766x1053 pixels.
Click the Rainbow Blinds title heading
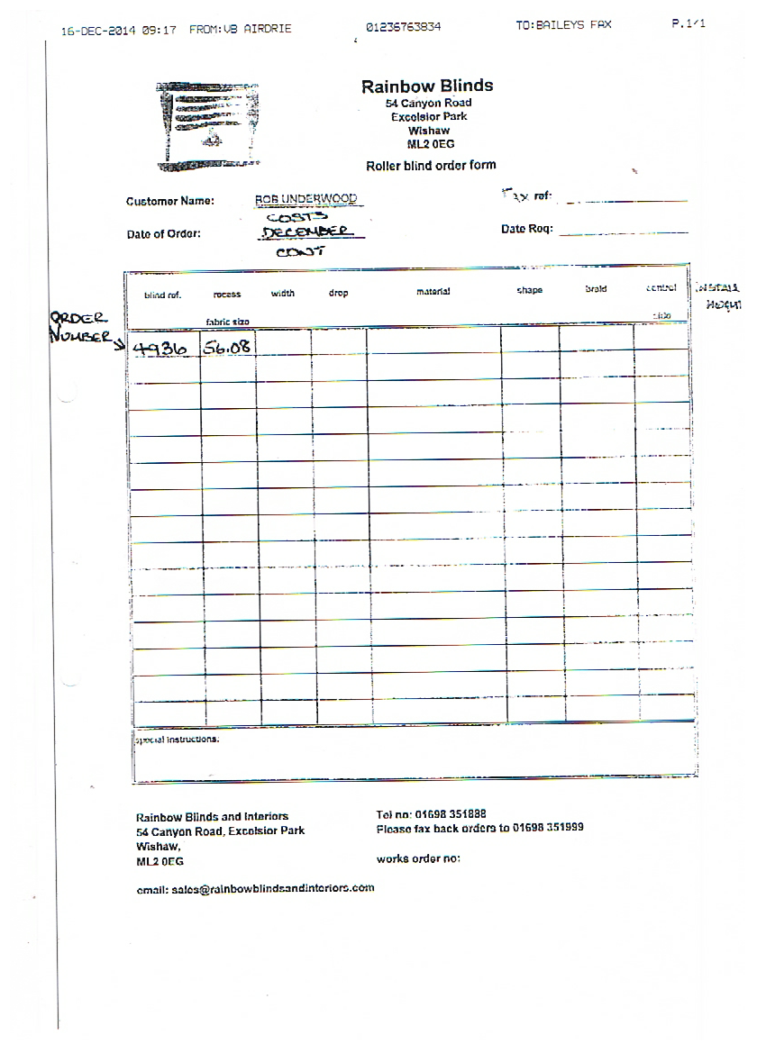pyautogui.click(x=427, y=86)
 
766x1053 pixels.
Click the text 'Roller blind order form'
pyautogui.click(x=431, y=166)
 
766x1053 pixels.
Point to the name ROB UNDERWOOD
pyautogui.click(x=305, y=199)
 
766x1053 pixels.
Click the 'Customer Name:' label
pyautogui.click(x=170, y=201)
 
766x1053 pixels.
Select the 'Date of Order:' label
pyautogui.click(x=164, y=235)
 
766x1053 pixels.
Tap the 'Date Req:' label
pyautogui.click(x=526, y=230)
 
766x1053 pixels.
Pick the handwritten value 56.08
pyautogui.click(x=227, y=348)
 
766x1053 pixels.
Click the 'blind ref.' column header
pyautogui.click(x=162, y=295)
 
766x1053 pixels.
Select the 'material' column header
pyautogui.click(x=433, y=292)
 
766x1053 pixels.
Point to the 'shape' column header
pyautogui.click(x=530, y=291)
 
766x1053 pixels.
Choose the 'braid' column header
pyautogui.click(x=596, y=289)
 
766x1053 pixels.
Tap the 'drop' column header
pyautogui.click(x=338, y=294)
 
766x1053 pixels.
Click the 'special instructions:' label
pyautogui.click(x=177, y=739)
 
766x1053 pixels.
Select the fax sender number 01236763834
pyautogui.click(x=404, y=27)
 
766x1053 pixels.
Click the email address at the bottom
pyautogui.click(x=255, y=888)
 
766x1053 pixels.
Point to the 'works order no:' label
pyautogui.click(x=418, y=859)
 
